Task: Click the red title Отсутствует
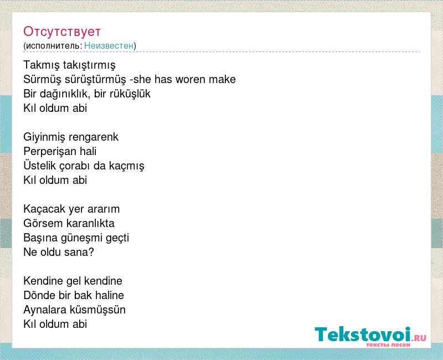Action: (62, 32)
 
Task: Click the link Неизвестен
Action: (109, 45)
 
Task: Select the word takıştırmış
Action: (89, 65)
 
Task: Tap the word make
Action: (222, 79)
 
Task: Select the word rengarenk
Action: (94, 137)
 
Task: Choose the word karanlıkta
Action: (91, 224)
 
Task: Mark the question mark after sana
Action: (91, 253)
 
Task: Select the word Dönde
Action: (39, 296)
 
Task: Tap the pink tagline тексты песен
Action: (388, 345)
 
